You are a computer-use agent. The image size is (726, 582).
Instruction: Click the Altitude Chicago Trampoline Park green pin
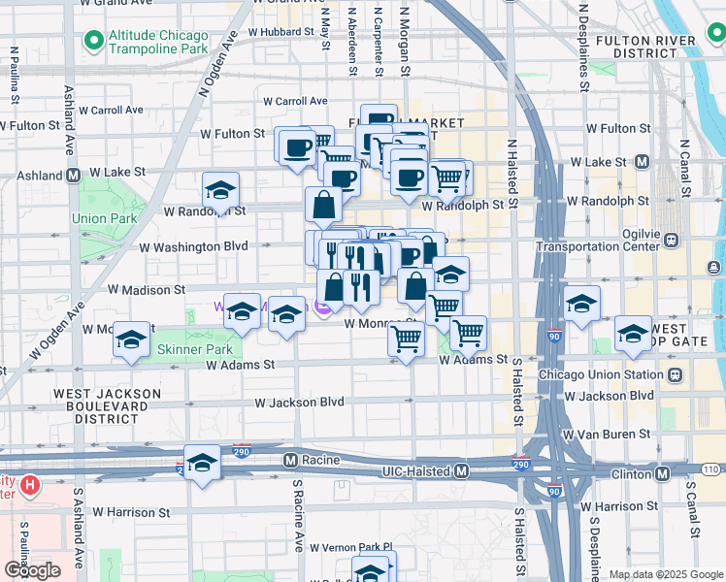[94, 41]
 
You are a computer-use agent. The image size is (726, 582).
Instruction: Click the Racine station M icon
[290, 458]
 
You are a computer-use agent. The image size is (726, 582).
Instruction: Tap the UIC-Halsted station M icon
[463, 470]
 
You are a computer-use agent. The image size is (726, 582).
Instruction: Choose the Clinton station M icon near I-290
[662, 473]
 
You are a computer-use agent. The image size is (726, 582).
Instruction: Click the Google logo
[32, 570]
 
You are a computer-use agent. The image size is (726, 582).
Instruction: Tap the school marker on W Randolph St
[220, 190]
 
